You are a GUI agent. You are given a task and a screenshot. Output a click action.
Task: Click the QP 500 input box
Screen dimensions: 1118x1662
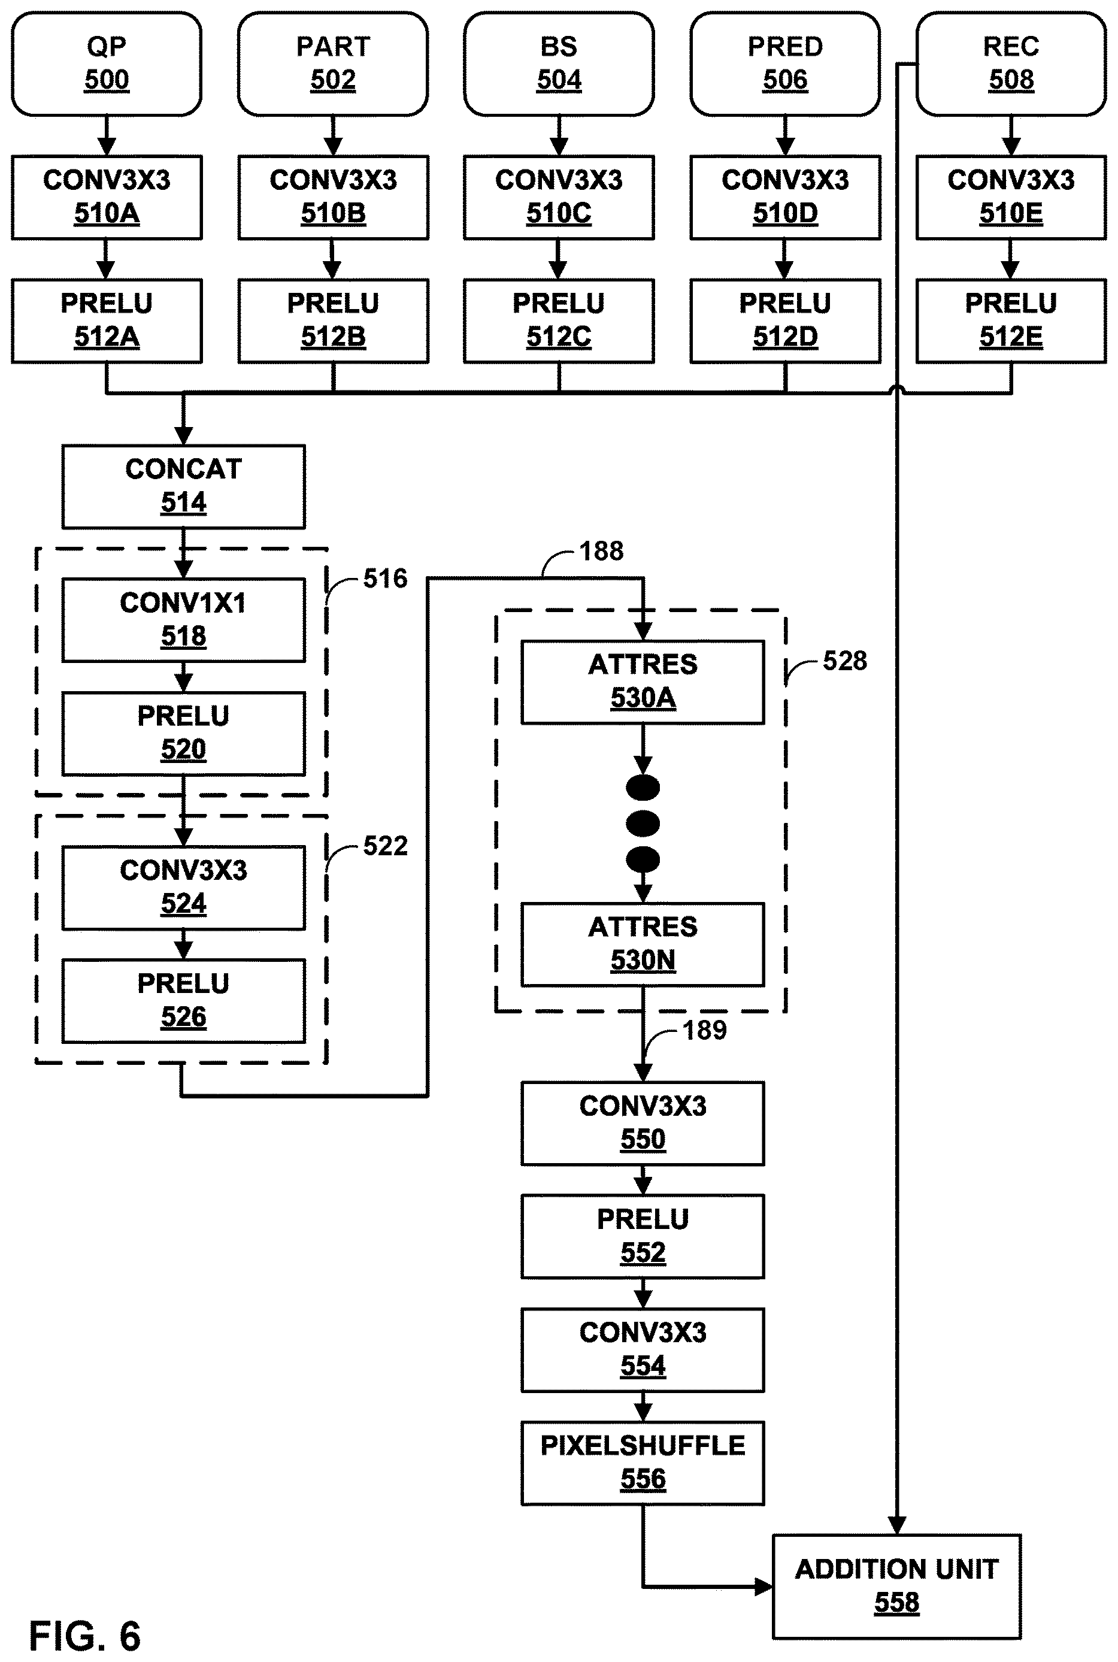point(107,63)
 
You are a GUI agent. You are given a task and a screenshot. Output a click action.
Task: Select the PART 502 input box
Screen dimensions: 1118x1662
point(333,63)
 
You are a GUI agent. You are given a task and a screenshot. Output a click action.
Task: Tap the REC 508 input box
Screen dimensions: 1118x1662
point(1011,63)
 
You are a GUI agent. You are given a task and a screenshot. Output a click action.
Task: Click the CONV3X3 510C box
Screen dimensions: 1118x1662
point(559,198)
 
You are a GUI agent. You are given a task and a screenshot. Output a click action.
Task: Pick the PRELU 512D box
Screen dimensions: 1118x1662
point(785,321)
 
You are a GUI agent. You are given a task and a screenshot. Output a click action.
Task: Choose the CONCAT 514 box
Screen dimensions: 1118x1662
point(183,487)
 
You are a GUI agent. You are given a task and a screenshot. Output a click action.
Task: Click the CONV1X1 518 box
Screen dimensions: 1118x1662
point(183,620)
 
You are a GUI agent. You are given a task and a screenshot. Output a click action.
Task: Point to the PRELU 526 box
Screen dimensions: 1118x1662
point(183,1001)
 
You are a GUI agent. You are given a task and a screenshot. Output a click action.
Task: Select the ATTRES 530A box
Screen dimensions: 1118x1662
point(643,682)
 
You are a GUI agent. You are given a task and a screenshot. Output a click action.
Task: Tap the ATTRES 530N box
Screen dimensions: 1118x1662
point(643,944)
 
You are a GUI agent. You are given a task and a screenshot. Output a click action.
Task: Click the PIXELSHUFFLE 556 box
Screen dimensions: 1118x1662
point(643,1463)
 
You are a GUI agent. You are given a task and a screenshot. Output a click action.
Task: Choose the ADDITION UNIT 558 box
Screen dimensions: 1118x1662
point(897,1587)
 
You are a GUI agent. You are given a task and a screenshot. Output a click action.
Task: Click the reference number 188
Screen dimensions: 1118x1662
point(601,551)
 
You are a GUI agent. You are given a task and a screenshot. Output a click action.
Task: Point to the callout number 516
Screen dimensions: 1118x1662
point(385,578)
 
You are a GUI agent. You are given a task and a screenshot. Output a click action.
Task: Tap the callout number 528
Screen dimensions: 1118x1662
point(845,661)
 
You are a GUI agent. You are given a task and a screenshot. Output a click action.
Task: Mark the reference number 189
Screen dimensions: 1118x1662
point(704,1030)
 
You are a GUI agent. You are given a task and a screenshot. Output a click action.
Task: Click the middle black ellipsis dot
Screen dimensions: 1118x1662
point(643,824)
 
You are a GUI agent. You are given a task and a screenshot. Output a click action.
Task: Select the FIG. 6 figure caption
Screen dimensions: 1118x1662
point(85,1636)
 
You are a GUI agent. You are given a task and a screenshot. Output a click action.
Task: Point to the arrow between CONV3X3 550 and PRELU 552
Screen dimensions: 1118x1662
point(643,1180)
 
